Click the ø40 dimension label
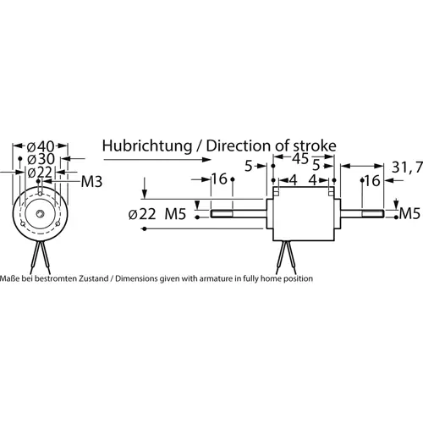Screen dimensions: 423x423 [x=41, y=146]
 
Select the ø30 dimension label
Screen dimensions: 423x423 [x=41, y=159]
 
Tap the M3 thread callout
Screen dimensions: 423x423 [x=91, y=181]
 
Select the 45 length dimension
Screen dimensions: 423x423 [x=300, y=158]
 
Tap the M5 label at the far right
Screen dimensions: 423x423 [x=409, y=211]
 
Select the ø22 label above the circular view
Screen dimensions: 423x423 [x=41, y=173]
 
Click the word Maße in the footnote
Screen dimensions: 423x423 [x=9, y=277]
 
